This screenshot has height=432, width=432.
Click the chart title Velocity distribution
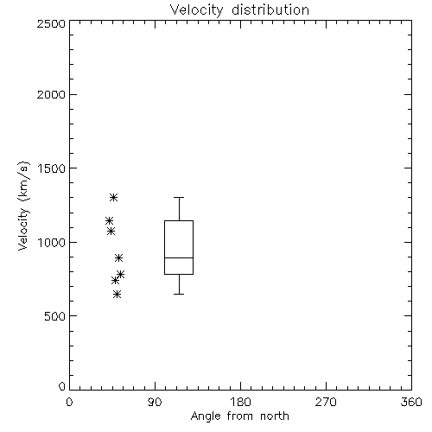pyautogui.click(x=239, y=10)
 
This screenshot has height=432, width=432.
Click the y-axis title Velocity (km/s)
pyautogui.click(x=23, y=206)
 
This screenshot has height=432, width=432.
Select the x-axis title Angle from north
pyautogui.click(x=239, y=416)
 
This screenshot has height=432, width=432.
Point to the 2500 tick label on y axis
pyautogui.click(x=51, y=23)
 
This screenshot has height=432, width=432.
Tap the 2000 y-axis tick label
pyautogui.click(x=51, y=94)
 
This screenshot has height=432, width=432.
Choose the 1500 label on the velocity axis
pyautogui.click(x=52, y=168)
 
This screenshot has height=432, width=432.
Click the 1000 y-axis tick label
pyautogui.click(x=52, y=243)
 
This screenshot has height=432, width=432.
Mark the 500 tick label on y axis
pyautogui.click(x=55, y=316)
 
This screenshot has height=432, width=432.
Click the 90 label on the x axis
pyautogui.click(x=155, y=402)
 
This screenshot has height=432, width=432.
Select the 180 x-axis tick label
pyautogui.click(x=240, y=402)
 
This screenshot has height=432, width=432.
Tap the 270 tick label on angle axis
pyautogui.click(x=326, y=402)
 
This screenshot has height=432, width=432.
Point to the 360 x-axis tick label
pyautogui.click(x=411, y=402)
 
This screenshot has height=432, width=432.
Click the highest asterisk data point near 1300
pyautogui.click(x=114, y=197)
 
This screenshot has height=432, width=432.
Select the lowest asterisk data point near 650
pyautogui.click(x=117, y=294)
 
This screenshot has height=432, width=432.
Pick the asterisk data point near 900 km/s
pyautogui.click(x=118, y=257)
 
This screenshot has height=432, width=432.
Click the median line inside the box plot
pyautogui.click(x=179, y=257)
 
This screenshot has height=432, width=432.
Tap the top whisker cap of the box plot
pyautogui.click(x=179, y=197)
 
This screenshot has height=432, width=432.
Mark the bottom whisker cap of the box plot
pyautogui.click(x=179, y=294)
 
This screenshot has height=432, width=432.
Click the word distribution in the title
pyautogui.click(x=270, y=10)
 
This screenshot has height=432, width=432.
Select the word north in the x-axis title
pyautogui.click(x=275, y=416)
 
